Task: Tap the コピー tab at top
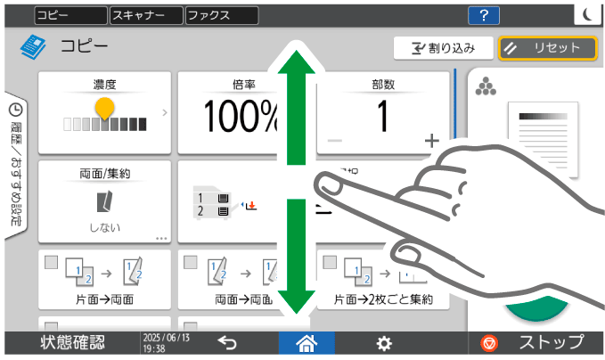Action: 70,15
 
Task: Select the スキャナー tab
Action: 145,15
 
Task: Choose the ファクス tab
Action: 221,15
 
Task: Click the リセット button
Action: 547,48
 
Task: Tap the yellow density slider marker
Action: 105,109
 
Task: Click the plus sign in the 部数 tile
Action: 432,141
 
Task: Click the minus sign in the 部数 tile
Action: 335,141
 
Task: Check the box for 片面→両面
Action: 51,262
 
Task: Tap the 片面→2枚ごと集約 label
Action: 383,299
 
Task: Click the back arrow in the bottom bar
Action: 227,343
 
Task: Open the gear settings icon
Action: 384,343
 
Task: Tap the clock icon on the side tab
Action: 15,110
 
